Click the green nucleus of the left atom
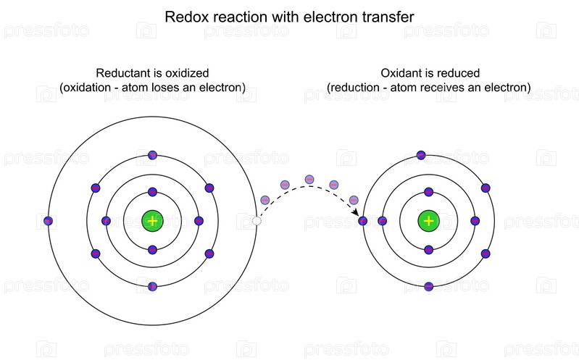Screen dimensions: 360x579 click(x=152, y=220)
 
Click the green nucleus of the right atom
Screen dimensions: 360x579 click(x=429, y=220)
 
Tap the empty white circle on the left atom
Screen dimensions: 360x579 click(x=256, y=220)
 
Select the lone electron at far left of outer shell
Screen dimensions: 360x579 click(x=49, y=220)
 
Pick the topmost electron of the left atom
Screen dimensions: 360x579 click(x=152, y=154)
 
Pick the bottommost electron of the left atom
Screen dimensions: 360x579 click(x=152, y=286)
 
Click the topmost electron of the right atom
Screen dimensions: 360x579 click(x=421, y=154)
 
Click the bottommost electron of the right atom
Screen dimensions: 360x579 click(x=429, y=286)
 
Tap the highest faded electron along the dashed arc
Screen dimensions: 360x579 click(x=309, y=179)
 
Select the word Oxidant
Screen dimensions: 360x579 click(x=401, y=73)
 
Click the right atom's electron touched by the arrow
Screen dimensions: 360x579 click(x=363, y=220)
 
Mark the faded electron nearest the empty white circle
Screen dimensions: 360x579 click(x=264, y=200)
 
